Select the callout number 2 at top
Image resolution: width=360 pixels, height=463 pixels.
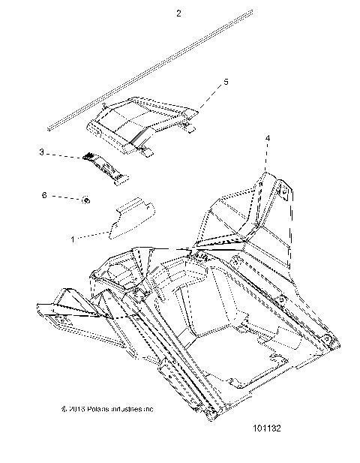coord(178,14)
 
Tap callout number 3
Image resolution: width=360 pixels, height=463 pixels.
coord(64,152)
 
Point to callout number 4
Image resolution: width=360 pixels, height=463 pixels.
coord(268,139)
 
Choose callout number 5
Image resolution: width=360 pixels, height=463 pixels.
coord(226,81)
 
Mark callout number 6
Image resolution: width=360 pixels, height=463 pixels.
coord(64,195)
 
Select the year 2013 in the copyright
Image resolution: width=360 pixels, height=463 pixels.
coord(74,410)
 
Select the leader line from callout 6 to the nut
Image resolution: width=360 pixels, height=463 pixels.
coord(76,197)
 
